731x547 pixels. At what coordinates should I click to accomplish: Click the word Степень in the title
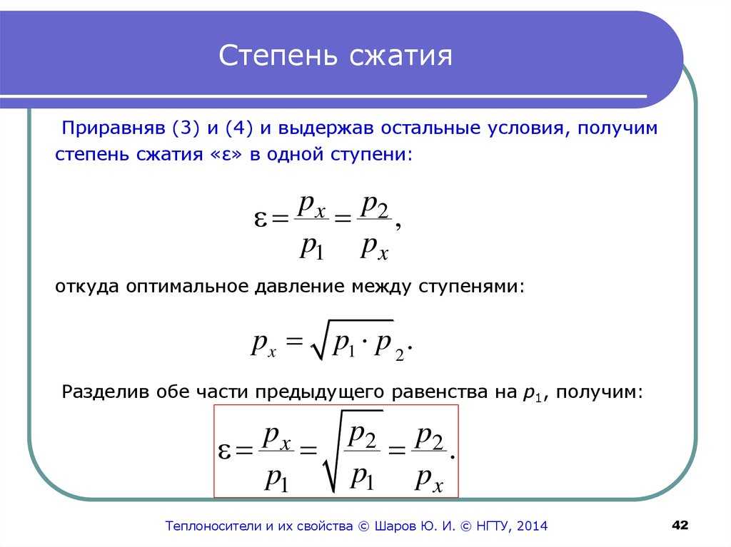coord(278,56)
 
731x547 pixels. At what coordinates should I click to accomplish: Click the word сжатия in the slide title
coord(401,56)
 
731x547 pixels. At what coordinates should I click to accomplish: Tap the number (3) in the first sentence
coord(186,128)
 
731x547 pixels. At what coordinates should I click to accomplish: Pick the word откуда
coord(87,287)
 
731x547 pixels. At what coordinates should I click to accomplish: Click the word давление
coord(300,287)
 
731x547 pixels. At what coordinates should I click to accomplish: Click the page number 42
coord(680,525)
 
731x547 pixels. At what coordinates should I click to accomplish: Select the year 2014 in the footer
coord(532,526)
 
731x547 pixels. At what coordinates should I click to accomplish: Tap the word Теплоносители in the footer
coord(214,526)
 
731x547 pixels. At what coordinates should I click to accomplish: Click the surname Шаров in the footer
coord(395,526)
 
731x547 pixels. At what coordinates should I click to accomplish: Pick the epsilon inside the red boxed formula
coord(224,451)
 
